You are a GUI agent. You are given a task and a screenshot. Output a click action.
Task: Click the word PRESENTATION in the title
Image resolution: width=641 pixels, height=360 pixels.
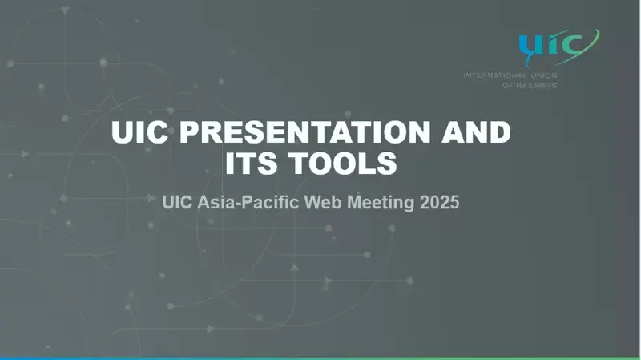(x=305, y=132)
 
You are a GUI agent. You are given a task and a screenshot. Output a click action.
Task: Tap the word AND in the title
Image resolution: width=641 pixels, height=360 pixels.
(x=477, y=132)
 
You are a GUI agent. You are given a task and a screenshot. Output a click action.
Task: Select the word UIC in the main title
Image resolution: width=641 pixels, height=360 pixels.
(x=139, y=132)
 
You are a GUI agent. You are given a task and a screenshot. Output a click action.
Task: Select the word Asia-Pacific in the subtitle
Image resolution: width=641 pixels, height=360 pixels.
(x=248, y=203)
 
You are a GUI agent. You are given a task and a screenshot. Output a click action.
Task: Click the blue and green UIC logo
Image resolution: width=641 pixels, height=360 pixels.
(x=558, y=47)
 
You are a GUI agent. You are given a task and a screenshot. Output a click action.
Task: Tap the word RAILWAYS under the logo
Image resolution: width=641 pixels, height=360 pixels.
(x=536, y=86)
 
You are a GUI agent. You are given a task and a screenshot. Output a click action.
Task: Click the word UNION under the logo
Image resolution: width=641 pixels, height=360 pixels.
(x=544, y=75)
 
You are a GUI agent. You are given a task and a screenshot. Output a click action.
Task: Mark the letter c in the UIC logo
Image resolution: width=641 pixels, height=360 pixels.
(x=572, y=45)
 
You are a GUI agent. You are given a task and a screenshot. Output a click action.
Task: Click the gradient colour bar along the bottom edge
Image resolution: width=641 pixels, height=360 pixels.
(x=320, y=358)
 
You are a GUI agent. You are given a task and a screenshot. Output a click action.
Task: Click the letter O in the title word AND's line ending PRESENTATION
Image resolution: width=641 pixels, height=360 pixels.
(x=401, y=132)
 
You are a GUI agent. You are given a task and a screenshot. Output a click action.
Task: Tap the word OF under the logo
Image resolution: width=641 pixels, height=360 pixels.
(x=507, y=86)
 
